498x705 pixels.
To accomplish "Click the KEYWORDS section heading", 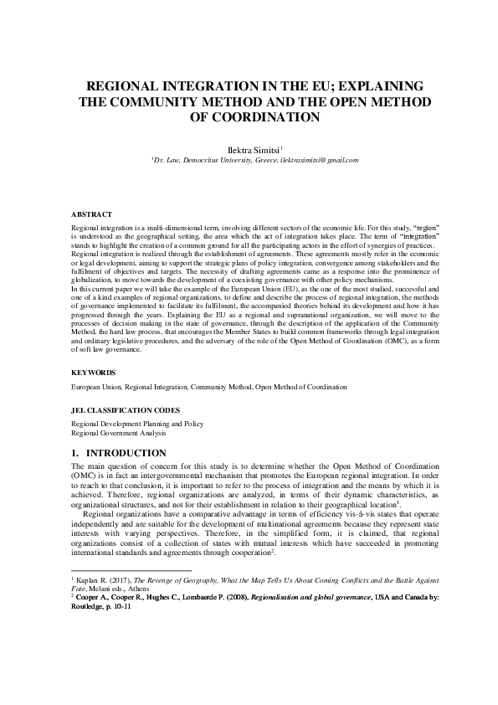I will pos(93,372).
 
